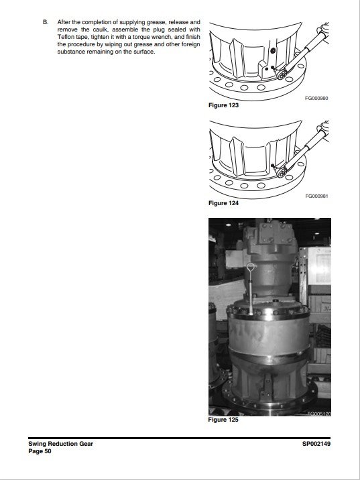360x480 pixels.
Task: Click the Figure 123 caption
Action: [223, 105]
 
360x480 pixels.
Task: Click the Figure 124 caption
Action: [223, 203]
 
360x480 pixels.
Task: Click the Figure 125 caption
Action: [223, 420]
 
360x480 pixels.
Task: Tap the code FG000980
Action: [316, 99]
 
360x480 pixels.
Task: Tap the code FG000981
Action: [316, 196]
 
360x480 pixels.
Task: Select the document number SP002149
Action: [316, 444]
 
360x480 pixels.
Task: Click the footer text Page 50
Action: [40, 451]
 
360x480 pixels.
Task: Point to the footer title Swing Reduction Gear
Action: [60, 444]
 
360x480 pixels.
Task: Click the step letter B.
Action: [46, 22]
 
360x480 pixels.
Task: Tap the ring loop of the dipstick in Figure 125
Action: [251, 267]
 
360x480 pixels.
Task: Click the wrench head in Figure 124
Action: [282, 172]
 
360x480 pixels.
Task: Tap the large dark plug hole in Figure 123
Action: [273, 50]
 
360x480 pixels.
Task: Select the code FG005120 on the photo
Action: [319, 414]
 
